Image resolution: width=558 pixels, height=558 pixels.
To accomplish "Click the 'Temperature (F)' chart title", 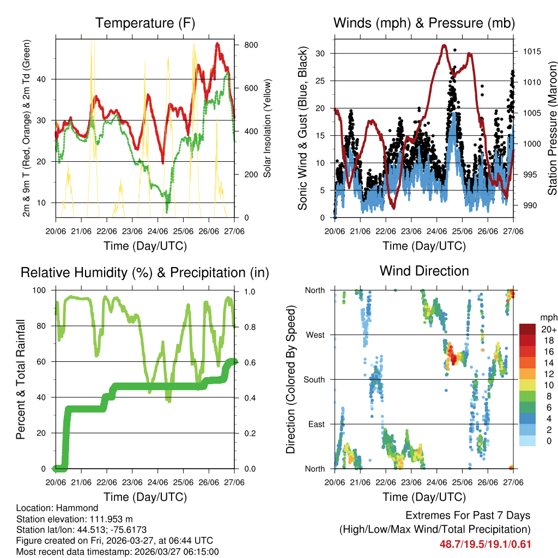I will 145,23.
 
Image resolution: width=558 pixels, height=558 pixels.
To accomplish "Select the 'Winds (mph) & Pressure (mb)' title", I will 424,23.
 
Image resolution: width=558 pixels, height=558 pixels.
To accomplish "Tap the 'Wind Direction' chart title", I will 424,271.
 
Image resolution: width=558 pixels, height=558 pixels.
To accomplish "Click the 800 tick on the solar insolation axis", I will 249,45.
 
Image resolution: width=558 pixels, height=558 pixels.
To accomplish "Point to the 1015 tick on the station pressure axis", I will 530,52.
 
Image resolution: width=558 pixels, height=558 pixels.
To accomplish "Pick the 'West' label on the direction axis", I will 316,335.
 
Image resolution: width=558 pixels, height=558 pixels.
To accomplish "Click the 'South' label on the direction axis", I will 314,379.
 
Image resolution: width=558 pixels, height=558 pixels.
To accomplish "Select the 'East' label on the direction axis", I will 316,424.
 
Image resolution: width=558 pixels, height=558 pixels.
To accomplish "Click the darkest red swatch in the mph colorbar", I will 527,329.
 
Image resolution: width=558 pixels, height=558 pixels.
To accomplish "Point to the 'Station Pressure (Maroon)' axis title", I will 552,128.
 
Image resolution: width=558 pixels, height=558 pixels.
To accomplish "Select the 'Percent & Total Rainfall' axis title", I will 21,379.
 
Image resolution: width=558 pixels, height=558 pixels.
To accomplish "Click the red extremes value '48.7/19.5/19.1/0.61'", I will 485,544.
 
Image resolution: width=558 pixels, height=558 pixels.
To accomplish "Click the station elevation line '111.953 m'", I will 75,519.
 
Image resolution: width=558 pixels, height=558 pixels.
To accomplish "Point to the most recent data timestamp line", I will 118,551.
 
